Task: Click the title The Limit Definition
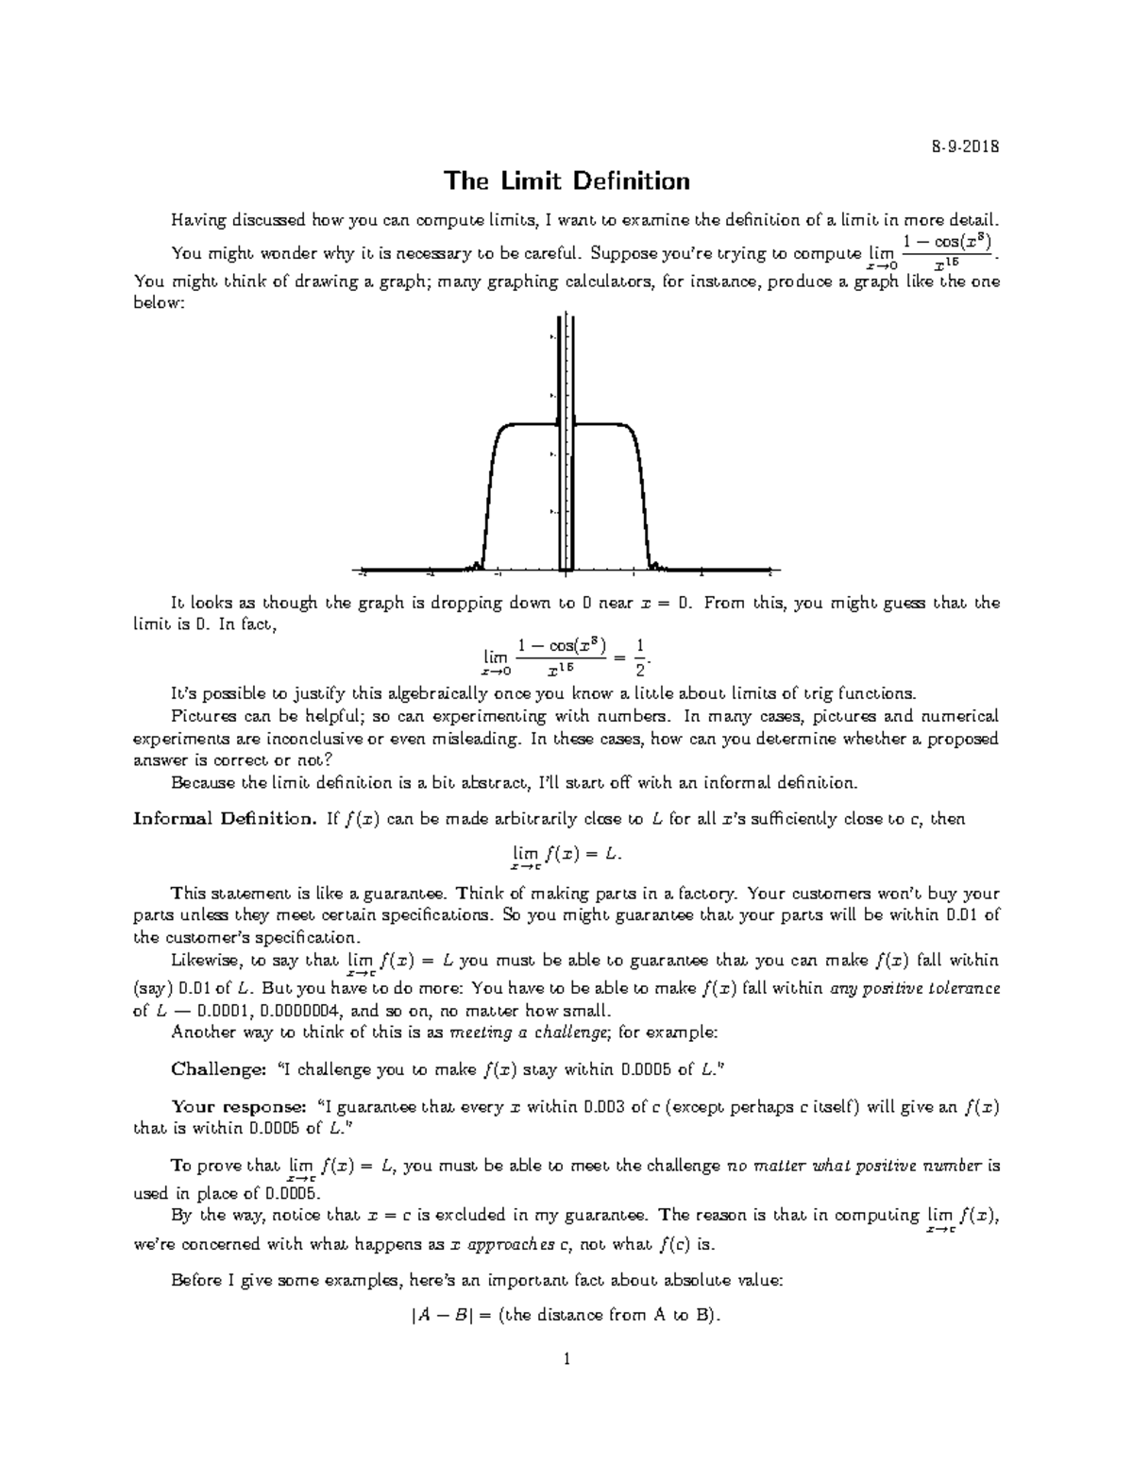566,180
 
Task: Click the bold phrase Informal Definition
224,819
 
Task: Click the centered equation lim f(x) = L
566,855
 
